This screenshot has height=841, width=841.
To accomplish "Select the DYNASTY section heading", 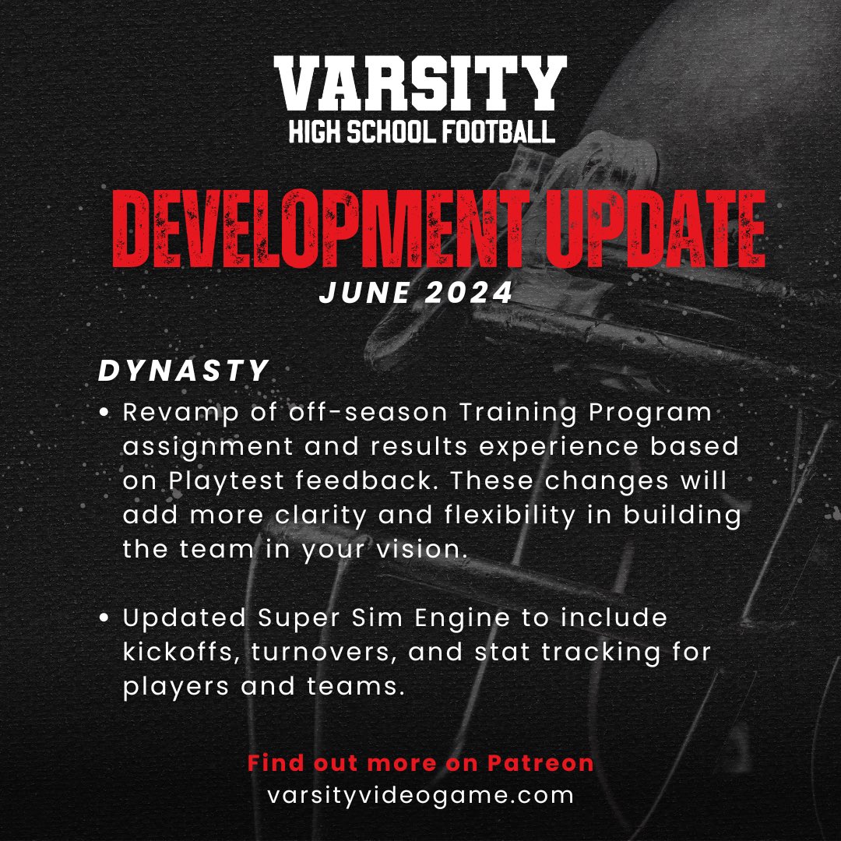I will click(x=184, y=371).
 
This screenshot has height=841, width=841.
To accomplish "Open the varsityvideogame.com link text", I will click(x=420, y=796).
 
